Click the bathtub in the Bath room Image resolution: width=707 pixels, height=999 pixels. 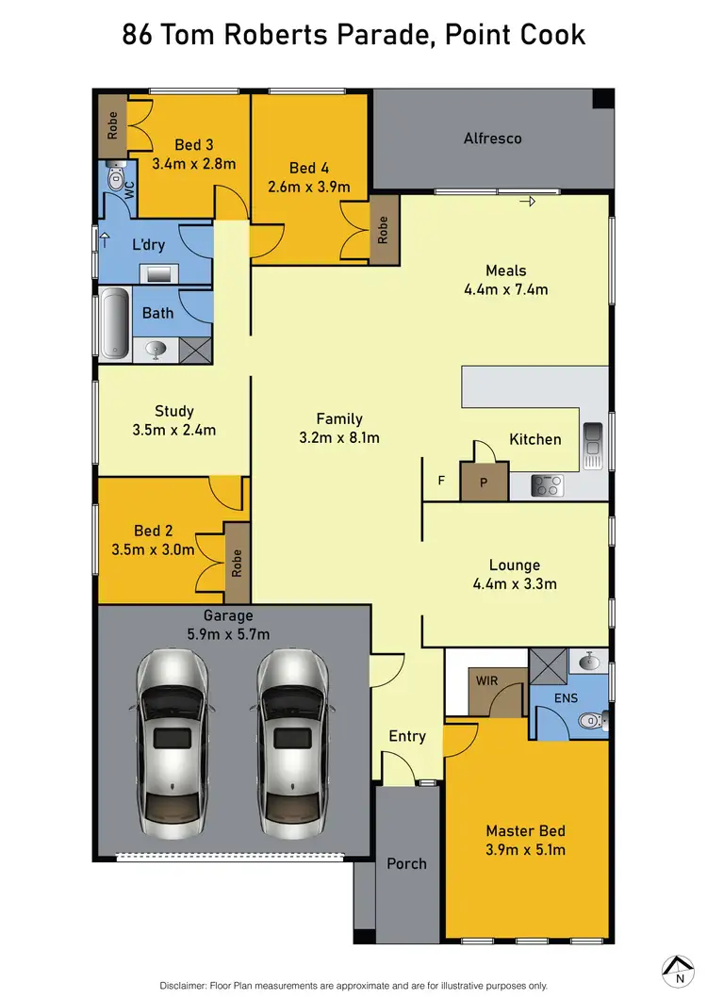click(x=114, y=322)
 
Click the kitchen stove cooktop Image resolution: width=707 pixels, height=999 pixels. click(x=546, y=485)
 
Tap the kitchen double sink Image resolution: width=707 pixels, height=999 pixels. click(x=593, y=445)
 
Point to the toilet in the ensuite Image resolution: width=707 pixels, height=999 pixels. click(x=588, y=721)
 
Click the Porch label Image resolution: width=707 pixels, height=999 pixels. click(x=407, y=863)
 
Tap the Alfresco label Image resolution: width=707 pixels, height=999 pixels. click(x=492, y=139)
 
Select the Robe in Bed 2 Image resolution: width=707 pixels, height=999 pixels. click(x=237, y=563)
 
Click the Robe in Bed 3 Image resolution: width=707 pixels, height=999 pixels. click(x=113, y=125)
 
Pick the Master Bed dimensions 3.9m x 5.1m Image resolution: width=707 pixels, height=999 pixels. click(x=526, y=851)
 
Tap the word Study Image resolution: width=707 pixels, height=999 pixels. click(x=174, y=411)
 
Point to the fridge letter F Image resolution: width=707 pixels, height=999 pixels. click(x=441, y=481)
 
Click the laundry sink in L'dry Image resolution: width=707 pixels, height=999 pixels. click(x=158, y=274)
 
